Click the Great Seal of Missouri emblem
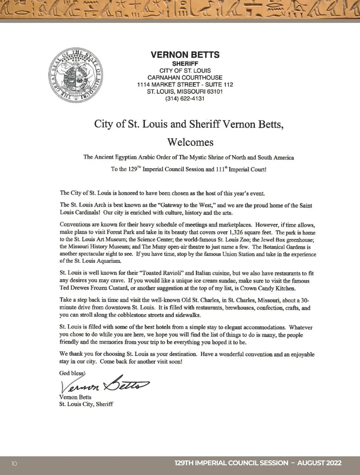(x=76, y=75)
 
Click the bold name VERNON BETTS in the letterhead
(x=185, y=55)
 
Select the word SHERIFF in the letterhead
(x=185, y=64)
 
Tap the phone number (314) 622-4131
(x=185, y=98)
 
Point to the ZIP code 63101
(x=215, y=92)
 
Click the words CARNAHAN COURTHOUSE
(x=185, y=77)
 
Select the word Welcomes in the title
(x=190, y=142)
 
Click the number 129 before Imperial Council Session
(x=133, y=169)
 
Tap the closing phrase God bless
(x=72, y=373)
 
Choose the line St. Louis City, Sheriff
(x=86, y=404)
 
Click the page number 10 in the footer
(x=14, y=463)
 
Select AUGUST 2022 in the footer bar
(x=319, y=463)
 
